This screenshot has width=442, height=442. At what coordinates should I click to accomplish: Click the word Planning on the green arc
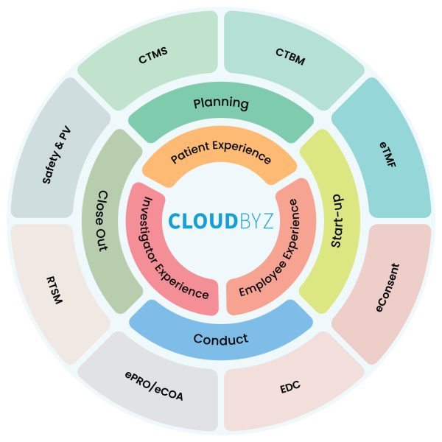[x=221, y=103]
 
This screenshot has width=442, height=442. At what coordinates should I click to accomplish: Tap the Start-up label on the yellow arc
[x=336, y=221]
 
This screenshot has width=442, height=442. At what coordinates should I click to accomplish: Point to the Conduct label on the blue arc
[x=221, y=340]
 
